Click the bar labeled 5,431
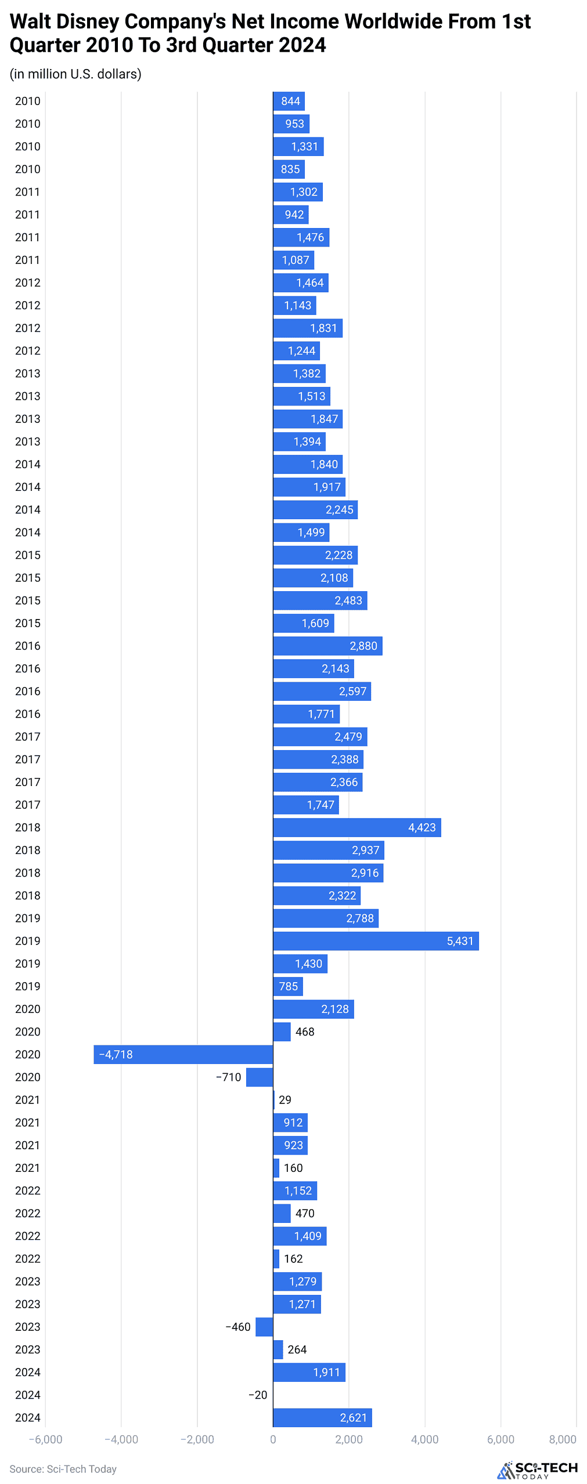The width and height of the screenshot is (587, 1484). pyautogui.click(x=376, y=940)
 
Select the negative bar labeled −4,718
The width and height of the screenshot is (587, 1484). pyautogui.click(x=183, y=1054)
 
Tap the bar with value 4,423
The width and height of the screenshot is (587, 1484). pyautogui.click(x=356, y=827)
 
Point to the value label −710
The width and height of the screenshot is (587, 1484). pyautogui.click(x=228, y=1077)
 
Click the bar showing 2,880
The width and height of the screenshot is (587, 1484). pyautogui.click(x=327, y=645)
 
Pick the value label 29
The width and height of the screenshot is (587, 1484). pyautogui.click(x=285, y=1099)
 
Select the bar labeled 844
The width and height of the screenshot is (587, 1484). pyautogui.click(x=289, y=101)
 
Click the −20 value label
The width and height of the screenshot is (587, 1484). pyautogui.click(x=258, y=1394)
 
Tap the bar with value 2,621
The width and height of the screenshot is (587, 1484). pyautogui.click(x=322, y=1417)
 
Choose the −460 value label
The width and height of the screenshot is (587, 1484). pyautogui.click(x=238, y=1326)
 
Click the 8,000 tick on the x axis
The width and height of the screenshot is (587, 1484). pyautogui.click(x=562, y=1439)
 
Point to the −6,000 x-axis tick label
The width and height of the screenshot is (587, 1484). pyautogui.click(x=46, y=1439)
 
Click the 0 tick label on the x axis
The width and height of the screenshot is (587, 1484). pyautogui.click(x=273, y=1439)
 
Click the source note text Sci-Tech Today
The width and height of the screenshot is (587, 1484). pyautogui.click(x=81, y=1468)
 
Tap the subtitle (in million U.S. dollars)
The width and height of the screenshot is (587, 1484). pyautogui.click(x=75, y=74)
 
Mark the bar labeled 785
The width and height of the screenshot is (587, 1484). pyautogui.click(x=288, y=986)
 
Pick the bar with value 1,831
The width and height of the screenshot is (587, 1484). pyautogui.click(x=308, y=328)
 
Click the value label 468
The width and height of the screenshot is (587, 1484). pyautogui.click(x=305, y=1031)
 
